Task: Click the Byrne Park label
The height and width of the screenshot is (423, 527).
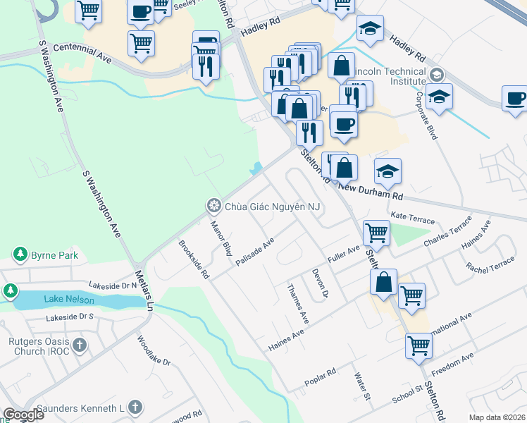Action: click(54, 255)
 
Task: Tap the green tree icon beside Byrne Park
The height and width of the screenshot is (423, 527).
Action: click(19, 255)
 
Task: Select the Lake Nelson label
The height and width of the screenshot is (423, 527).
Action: click(68, 299)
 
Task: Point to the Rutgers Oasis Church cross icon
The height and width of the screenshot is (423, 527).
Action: click(80, 345)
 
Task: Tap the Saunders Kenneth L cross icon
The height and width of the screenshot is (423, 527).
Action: click(135, 407)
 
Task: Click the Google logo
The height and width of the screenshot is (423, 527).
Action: click(23, 415)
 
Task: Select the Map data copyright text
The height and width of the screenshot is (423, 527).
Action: click(497, 417)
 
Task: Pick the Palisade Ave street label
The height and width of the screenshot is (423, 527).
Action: click(254, 252)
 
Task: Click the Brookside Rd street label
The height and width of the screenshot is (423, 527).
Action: click(194, 259)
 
